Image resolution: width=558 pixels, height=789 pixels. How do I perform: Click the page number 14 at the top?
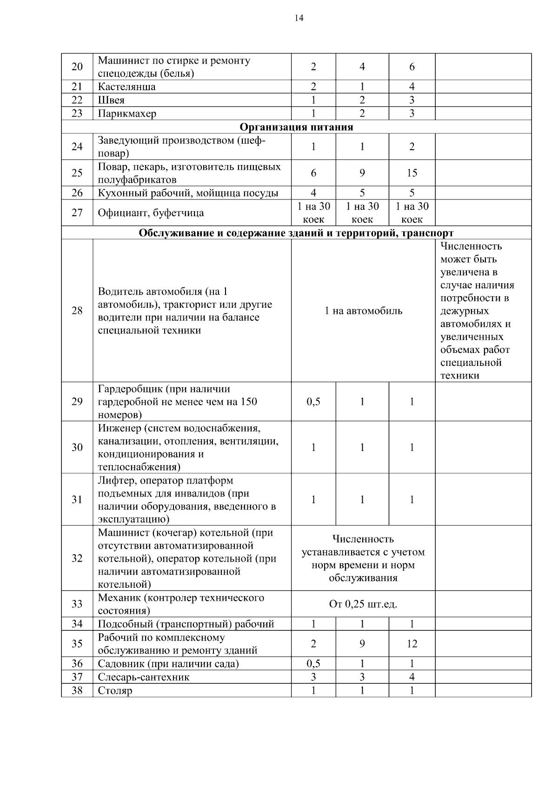(299, 18)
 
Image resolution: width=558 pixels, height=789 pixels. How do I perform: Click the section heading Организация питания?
(296, 127)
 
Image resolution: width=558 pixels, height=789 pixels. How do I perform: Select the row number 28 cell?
(77, 311)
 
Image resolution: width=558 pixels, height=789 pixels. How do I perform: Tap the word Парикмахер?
(127, 113)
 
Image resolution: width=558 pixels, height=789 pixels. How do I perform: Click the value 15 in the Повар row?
(412, 173)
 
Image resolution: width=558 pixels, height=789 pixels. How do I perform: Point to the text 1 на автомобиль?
(363, 311)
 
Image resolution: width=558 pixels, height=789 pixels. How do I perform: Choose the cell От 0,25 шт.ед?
(363, 604)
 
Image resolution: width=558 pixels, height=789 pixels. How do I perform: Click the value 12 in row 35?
(412, 644)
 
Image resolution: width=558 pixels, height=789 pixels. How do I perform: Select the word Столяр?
(115, 690)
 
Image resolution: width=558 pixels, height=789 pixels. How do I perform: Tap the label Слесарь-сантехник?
(143, 677)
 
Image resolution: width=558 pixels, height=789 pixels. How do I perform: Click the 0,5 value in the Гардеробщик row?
(313, 402)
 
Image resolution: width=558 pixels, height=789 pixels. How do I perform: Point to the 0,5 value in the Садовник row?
(313, 663)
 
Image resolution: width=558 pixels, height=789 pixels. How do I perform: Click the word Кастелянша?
(126, 87)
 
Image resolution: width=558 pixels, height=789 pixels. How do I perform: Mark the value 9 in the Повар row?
(362, 173)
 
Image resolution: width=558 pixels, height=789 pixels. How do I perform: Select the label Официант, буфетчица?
(151, 213)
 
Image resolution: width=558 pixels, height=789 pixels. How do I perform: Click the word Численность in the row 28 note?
(471, 246)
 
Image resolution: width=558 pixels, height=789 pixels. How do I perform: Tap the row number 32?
(77, 558)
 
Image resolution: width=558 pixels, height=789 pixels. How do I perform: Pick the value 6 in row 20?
(412, 67)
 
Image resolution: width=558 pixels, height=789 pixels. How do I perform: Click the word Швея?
(111, 100)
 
